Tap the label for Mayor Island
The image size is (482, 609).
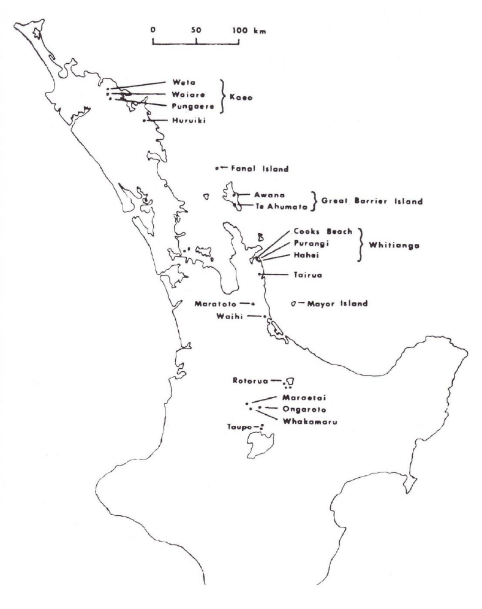[337, 303]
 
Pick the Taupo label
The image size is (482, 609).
[240, 426]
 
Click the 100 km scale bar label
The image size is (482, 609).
[244, 29]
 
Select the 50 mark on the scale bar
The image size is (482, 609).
[196, 29]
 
